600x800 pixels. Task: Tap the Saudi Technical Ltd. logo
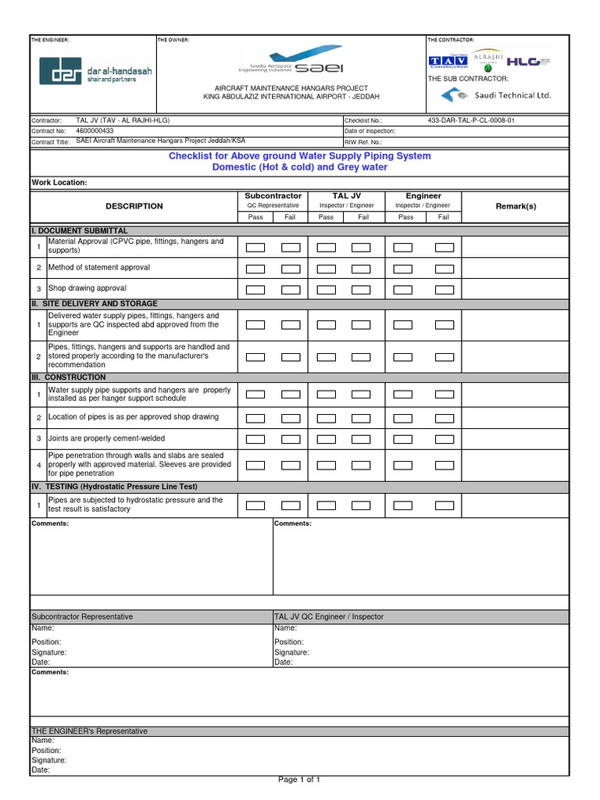495,95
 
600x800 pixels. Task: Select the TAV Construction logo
448,61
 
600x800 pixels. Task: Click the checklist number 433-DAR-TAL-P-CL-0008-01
471,121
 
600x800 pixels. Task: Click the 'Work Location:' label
59,183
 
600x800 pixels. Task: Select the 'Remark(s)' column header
516,206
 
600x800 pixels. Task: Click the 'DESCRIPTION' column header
134,206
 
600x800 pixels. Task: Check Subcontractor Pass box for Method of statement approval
255,269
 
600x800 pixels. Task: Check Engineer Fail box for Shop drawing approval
444,290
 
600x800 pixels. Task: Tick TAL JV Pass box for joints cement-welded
326,440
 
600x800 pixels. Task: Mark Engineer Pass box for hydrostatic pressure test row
402,505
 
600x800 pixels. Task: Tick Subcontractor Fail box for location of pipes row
290,418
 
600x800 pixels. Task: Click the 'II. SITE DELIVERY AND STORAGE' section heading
95,304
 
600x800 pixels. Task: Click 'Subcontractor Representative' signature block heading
82,617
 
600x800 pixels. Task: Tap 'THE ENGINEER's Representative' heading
89,731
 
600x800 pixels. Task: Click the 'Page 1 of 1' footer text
299,780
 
